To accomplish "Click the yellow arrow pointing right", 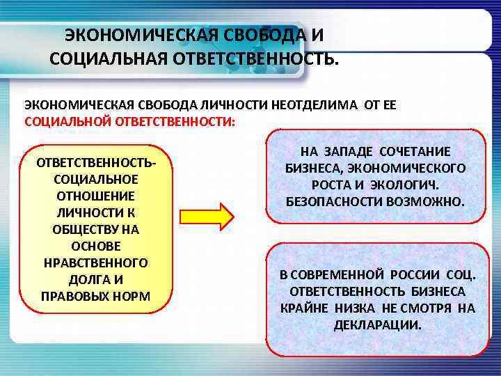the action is tap(207, 217).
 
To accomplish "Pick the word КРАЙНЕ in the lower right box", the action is tap(303, 308).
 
